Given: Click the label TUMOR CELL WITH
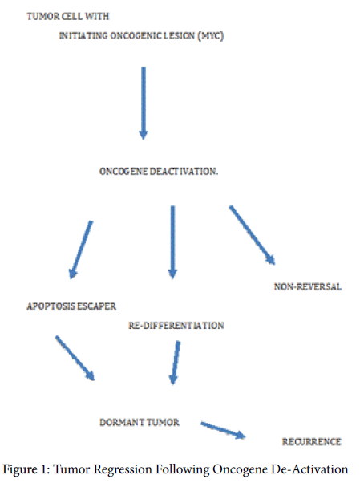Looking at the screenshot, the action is tap(67, 16).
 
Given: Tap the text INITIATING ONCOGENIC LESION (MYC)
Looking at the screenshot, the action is tap(141, 36).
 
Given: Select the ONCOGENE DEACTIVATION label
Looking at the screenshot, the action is tap(159, 171).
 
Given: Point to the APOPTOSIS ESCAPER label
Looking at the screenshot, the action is tap(71, 306).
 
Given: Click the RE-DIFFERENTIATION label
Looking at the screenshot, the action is tap(176, 326).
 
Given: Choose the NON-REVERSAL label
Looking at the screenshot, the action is tap(308, 287).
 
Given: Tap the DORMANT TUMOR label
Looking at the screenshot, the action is tap(140, 422).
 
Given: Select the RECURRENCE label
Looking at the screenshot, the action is tap(312, 442).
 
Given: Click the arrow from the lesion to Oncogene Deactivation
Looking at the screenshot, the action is tap(144, 103).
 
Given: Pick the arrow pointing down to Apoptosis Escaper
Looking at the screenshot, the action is tap(81, 250).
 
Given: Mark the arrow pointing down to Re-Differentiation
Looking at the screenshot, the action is tap(172, 242).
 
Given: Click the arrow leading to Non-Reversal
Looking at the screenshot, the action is tap(252, 235).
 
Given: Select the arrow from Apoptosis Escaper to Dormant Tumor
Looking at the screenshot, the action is tap(75, 359).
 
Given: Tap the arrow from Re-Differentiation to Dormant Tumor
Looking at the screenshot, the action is tap(175, 363).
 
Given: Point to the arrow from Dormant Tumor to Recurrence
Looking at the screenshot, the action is tap(223, 430).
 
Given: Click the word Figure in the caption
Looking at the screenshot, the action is tap(20, 469).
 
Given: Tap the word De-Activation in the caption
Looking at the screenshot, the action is tap(309, 469).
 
